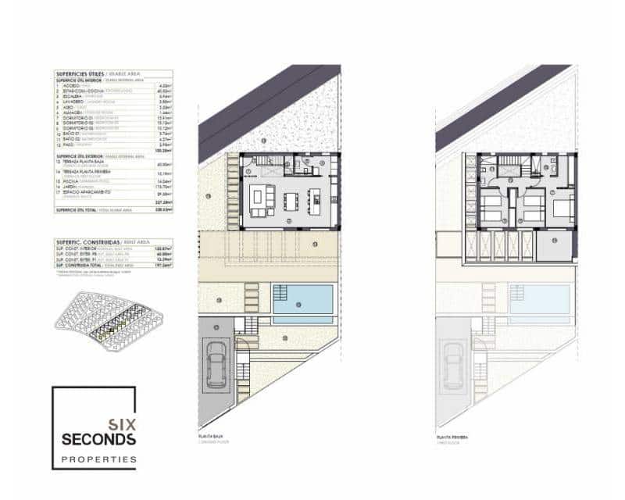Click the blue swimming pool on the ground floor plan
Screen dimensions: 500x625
pyautogui.click(x=305, y=299)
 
